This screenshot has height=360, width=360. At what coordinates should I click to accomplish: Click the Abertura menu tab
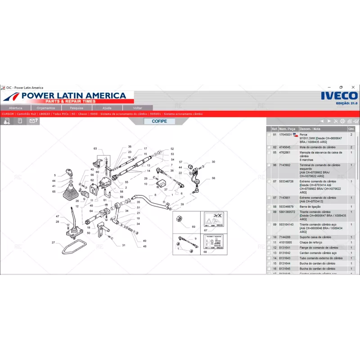pos(15,108)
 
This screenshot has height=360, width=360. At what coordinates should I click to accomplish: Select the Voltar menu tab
pos(138,108)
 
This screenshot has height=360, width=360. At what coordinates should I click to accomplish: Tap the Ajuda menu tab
pos(107,108)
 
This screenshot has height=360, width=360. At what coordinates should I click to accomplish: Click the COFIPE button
pos(159,121)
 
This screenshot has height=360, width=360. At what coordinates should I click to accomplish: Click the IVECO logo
pos(339,95)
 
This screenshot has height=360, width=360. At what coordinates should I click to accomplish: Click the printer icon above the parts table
pos(342,121)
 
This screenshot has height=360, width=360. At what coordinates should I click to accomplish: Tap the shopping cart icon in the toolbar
pos(356,121)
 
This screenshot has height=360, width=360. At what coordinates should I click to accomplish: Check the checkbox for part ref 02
pos(269,147)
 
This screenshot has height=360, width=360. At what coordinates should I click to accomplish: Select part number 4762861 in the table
pos(285,153)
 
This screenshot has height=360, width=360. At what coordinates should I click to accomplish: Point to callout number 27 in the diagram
pos(53,243)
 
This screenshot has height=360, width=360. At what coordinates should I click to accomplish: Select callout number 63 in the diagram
pos(95,148)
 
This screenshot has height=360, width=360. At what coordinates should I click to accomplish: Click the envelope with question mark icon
pos(33,121)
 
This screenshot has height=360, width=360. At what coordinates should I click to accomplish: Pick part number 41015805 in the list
pos(285,242)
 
